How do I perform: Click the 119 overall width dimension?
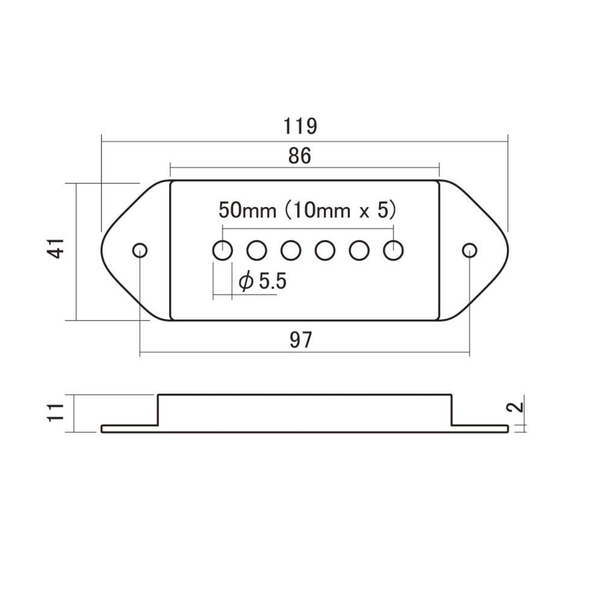(x=300, y=126)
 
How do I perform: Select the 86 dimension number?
(x=301, y=157)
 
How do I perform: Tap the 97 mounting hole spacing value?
(x=301, y=340)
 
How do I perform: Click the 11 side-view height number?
(x=57, y=413)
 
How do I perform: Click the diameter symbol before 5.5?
(x=245, y=283)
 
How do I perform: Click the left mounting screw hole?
(x=139, y=249)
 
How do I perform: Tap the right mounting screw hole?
(x=469, y=250)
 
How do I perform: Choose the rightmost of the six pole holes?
(x=394, y=250)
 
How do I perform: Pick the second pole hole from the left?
(x=257, y=250)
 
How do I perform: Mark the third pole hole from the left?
(x=291, y=250)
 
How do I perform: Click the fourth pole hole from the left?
(x=325, y=250)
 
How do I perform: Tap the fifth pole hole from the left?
(x=359, y=250)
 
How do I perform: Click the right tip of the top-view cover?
(x=507, y=250)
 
